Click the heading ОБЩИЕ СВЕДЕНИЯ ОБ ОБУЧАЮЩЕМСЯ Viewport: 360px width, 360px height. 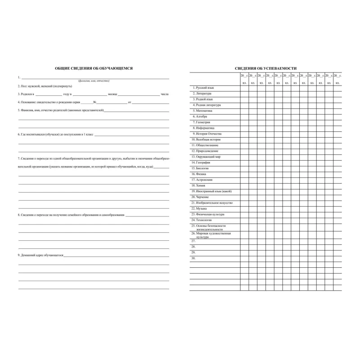94,68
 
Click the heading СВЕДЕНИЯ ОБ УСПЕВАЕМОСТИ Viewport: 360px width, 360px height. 265,68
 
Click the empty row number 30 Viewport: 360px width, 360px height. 193,258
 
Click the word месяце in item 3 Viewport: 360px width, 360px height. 112,94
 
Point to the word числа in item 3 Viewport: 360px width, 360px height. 165,94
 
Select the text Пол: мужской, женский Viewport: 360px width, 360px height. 36,85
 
